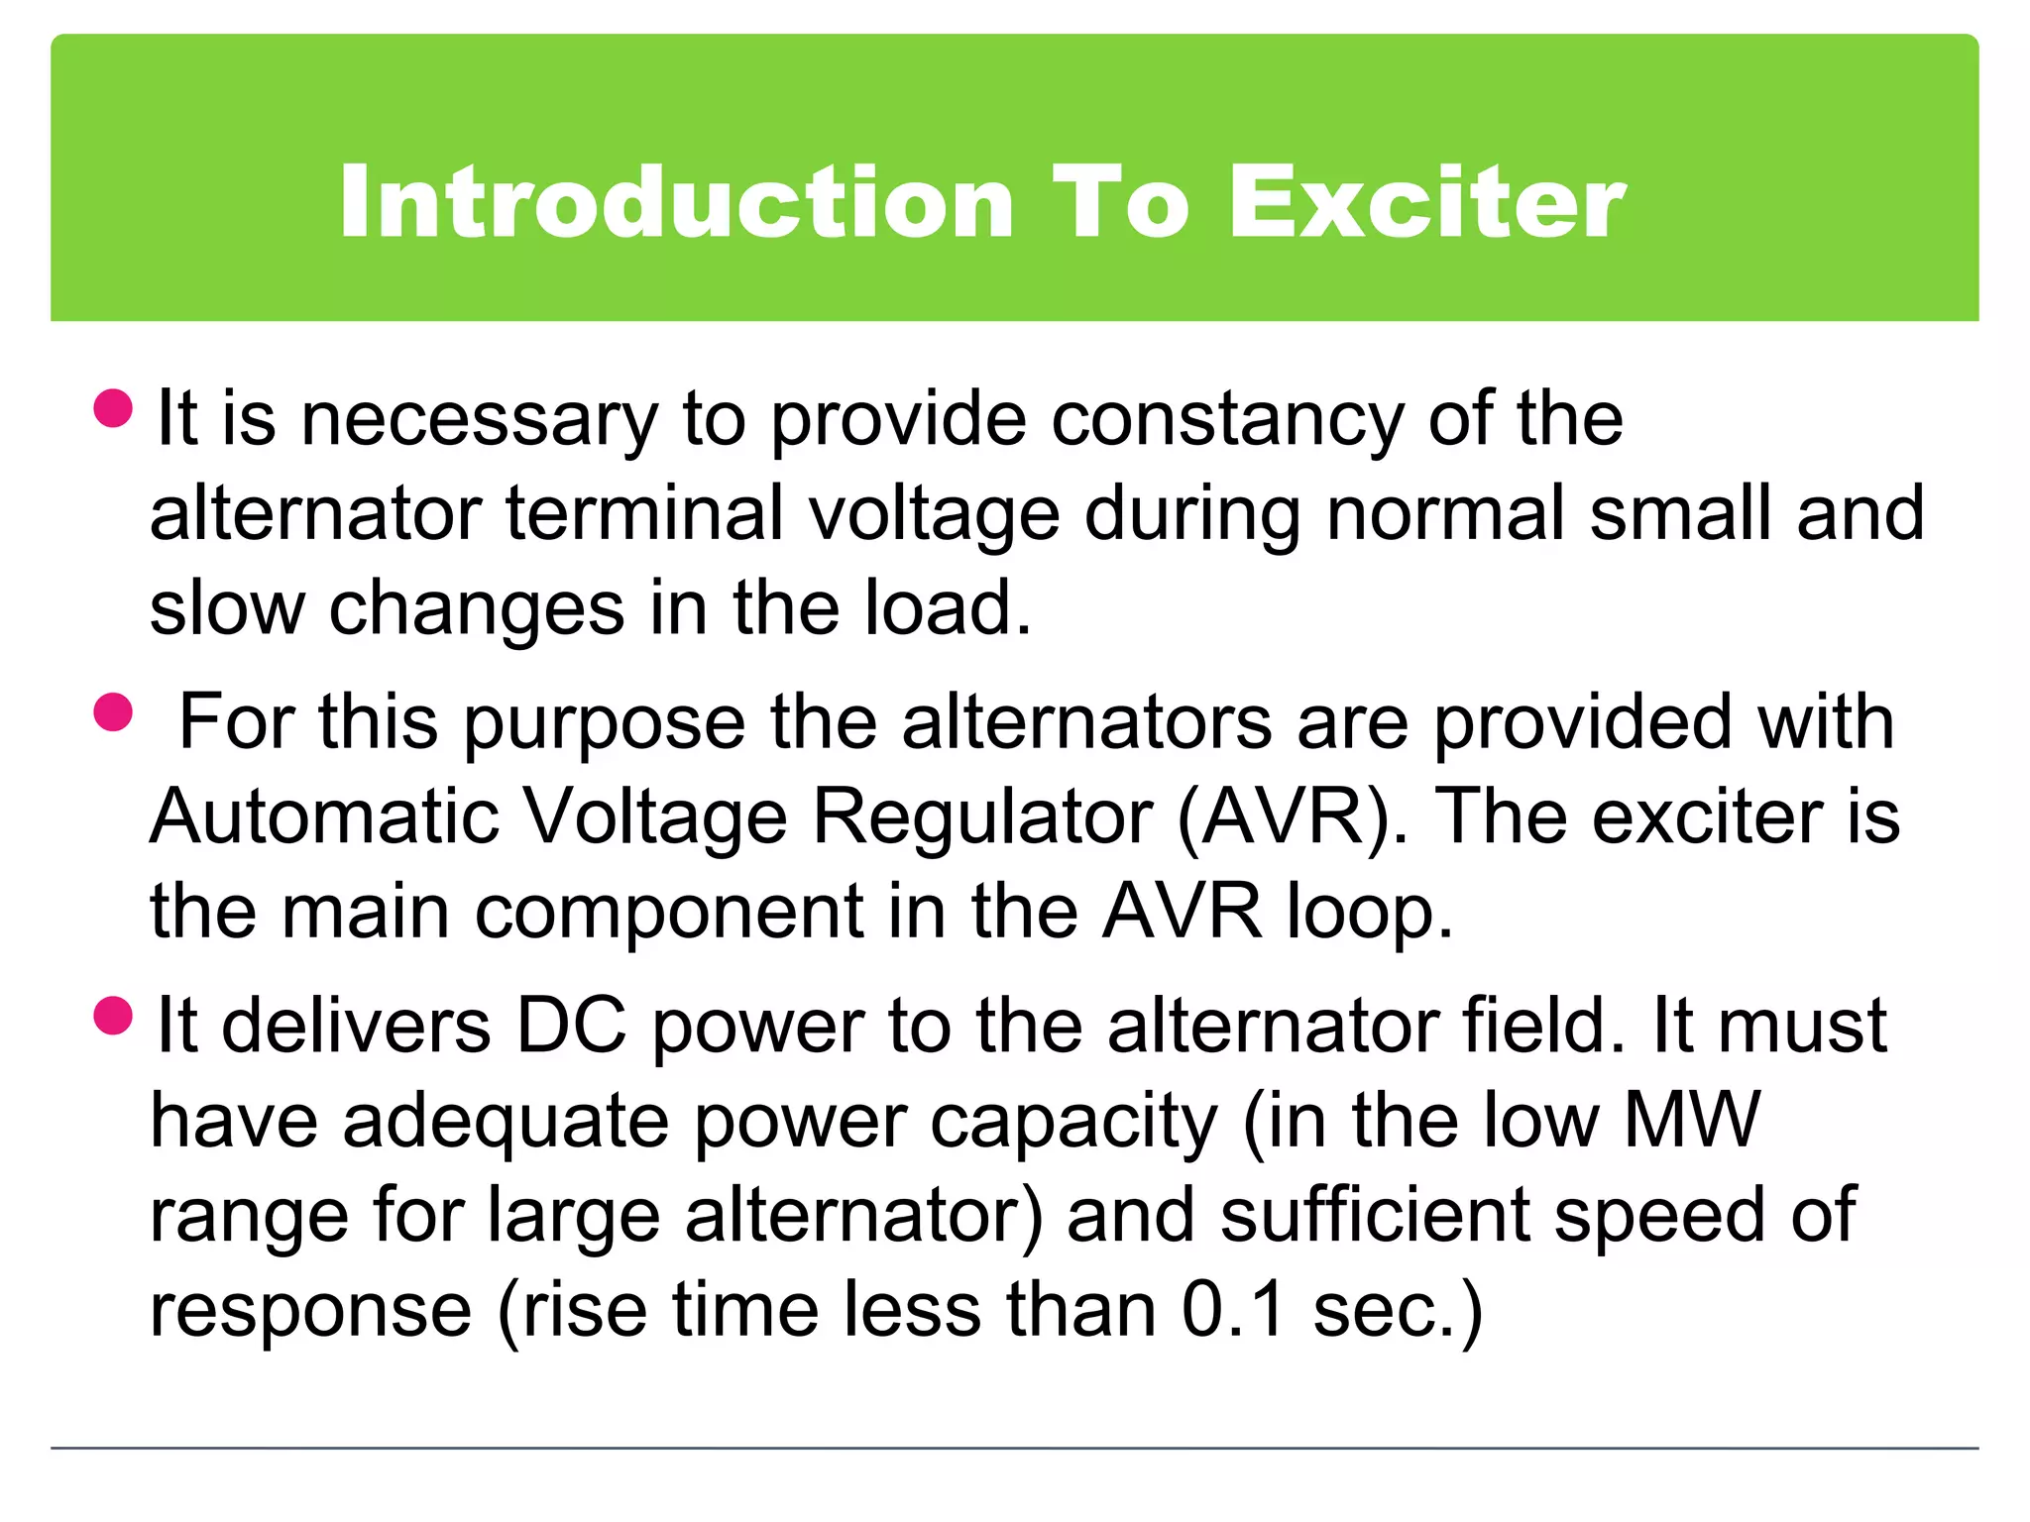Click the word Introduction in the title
point(676,203)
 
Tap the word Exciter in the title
point(1427,203)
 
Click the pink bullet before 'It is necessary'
point(113,408)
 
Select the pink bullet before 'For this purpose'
point(113,711)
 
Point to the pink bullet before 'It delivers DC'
point(113,1016)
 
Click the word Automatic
point(324,817)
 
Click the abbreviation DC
point(572,1026)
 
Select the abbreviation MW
point(1691,1121)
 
